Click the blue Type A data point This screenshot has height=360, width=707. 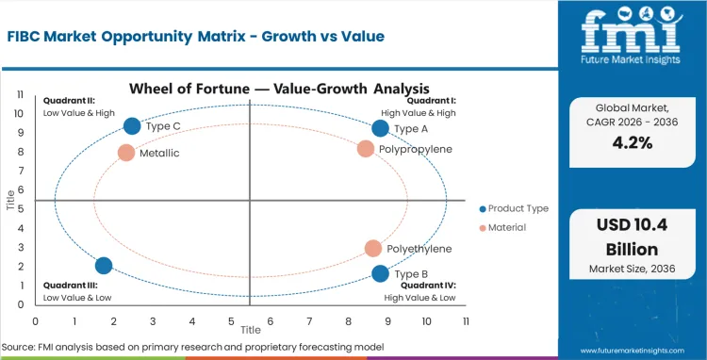click(380, 128)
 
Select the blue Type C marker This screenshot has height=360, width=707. click(132, 126)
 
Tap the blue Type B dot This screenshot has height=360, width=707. click(380, 273)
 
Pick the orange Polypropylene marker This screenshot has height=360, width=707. click(366, 148)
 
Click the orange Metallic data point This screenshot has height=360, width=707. click(126, 152)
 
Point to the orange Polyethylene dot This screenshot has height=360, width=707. click(373, 248)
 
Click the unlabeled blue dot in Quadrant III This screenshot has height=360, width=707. click(104, 266)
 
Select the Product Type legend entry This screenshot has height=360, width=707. click(514, 208)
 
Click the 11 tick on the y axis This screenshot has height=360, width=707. click(19, 94)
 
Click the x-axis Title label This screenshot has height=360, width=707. click(250, 331)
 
